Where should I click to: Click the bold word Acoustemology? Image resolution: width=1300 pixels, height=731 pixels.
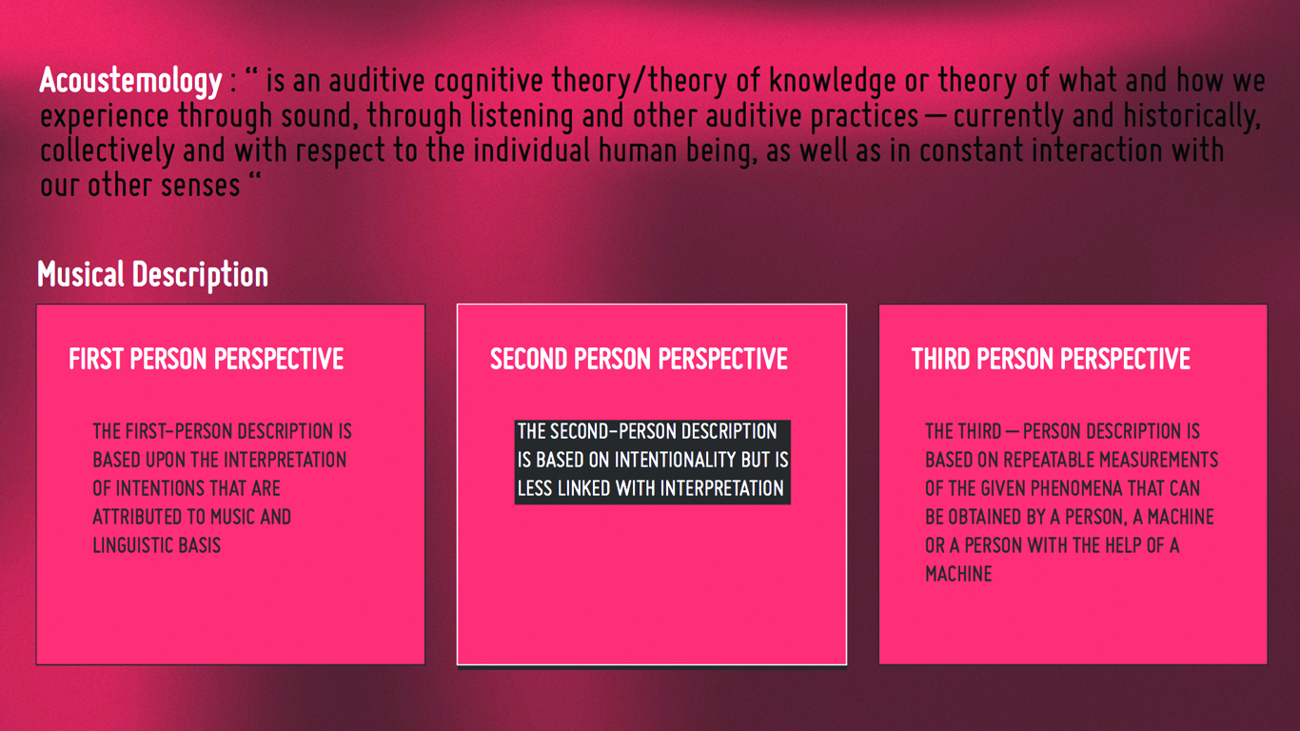point(130,81)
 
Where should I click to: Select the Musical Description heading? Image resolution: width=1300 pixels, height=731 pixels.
point(152,274)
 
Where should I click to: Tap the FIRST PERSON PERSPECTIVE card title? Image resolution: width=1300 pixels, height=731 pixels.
point(206,359)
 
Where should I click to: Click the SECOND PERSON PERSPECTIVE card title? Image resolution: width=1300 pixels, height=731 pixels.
point(639,359)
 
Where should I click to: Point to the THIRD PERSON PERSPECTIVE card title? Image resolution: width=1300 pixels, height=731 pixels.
point(1051,359)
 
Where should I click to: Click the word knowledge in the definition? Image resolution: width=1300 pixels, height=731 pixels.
point(832,81)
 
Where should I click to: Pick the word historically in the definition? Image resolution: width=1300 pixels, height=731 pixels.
point(1192,116)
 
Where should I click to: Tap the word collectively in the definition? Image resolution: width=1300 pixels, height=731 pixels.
point(107,151)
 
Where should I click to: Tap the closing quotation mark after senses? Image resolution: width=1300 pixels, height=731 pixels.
point(255,176)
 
